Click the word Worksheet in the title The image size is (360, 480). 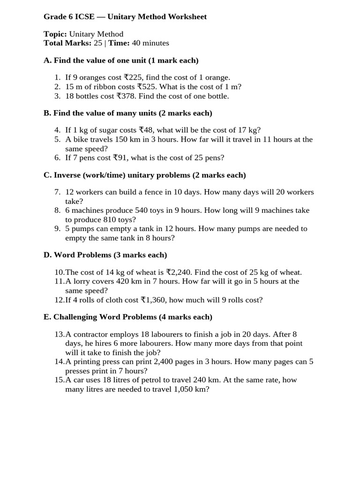click(186, 17)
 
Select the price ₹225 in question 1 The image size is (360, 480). click(135, 77)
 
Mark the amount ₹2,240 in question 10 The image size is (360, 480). click(179, 272)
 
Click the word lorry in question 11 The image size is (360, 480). click(80, 281)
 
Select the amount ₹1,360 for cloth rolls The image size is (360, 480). click(154, 300)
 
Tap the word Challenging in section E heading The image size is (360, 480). click(75, 317)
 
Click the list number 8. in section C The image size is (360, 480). click(57, 210)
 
